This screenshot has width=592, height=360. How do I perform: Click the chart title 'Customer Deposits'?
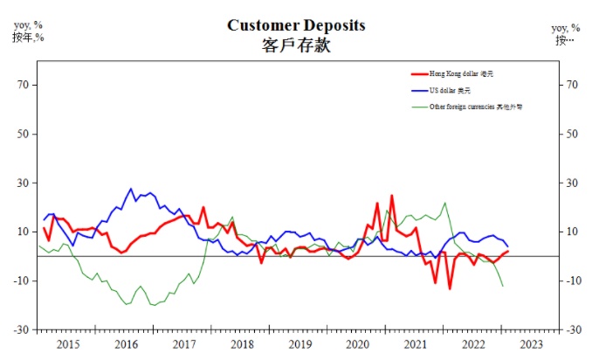[296, 24]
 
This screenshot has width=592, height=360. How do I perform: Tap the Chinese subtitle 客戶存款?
[296, 45]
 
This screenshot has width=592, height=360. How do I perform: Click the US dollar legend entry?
[450, 90]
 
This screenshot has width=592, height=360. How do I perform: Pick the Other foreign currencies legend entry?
[475, 107]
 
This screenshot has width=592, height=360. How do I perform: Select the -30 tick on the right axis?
[573, 329]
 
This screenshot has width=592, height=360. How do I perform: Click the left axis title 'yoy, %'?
[28, 25]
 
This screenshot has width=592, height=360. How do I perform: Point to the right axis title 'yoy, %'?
[565, 28]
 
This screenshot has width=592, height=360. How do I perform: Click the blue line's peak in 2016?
[131, 189]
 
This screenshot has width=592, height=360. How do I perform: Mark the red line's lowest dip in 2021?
[450, 288]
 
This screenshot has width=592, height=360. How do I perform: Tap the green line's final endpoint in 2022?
[503, 286]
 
